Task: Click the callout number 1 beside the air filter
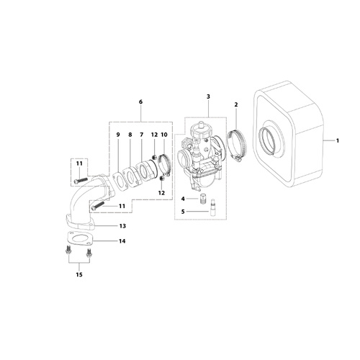338,140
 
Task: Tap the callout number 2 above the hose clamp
236,104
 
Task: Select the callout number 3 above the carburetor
208,96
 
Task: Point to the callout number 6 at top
140,102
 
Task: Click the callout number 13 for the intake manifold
122,226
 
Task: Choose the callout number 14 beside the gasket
122,241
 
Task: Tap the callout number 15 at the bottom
79,274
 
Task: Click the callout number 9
118,135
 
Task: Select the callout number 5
183,212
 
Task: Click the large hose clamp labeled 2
237,145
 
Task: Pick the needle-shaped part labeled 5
213,208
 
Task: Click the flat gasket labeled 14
78,238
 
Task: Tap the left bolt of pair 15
67,250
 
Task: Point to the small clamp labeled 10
163,165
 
